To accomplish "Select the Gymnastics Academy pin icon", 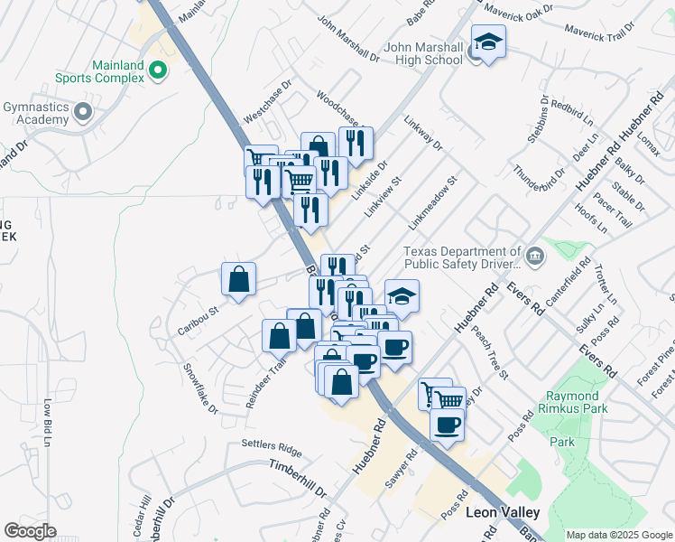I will tap(83, 113).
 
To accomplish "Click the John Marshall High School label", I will tap(423, 54).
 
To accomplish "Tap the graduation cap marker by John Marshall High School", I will tap(488, 42).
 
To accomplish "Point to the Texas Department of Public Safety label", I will tap(463, 258).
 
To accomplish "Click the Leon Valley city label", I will tap(503, 512).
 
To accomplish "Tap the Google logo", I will tap(30, 531).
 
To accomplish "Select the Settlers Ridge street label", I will tap(272, 446).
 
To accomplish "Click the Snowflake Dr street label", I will tap(201, 389).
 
